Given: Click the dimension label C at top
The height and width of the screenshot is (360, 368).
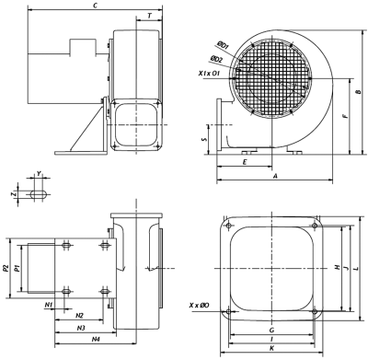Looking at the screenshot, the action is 96,6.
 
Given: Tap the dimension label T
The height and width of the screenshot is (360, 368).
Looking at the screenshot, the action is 149,16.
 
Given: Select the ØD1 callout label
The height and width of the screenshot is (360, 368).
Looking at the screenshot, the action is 222,46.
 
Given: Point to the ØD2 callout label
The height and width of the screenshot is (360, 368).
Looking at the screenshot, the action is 216,59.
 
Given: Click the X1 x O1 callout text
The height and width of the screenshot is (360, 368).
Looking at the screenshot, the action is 209,74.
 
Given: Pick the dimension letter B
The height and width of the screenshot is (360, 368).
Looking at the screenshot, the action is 358,92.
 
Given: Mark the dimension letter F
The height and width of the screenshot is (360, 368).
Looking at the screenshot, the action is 345,116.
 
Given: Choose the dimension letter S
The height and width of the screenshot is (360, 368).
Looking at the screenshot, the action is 205,139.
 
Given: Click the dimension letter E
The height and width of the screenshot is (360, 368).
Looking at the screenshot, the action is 245,162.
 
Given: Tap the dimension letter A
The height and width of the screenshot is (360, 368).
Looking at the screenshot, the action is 275,176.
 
